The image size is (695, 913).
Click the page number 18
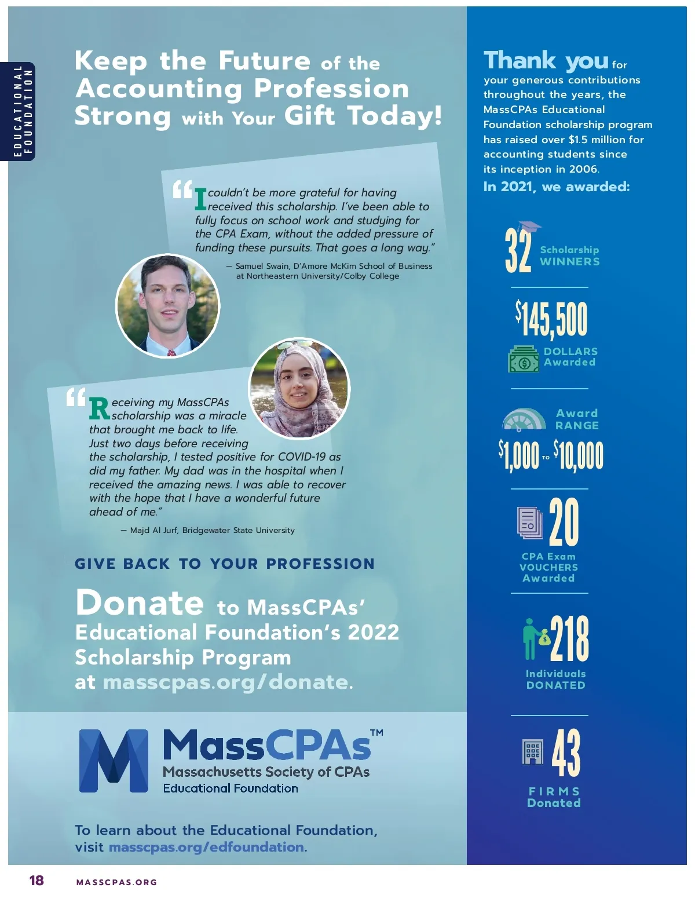coord(36,881)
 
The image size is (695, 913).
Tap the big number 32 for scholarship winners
coord(517,250)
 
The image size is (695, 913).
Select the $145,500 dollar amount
coord(551,319)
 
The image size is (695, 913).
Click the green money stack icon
coord(524,359)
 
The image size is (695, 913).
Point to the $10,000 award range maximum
coord(578,455)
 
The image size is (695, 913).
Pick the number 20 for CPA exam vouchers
coord(564,523)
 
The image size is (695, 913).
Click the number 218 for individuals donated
coord(569,638)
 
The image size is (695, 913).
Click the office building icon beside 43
coord(532,752)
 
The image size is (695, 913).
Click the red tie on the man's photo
coord(171,351)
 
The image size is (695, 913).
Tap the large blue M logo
coord(114,760)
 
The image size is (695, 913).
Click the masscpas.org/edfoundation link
coord(206,847)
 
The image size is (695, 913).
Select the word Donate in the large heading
coord(140,602)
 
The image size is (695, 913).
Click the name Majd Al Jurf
coord(153,530)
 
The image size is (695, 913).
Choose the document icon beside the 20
coord(529,523)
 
